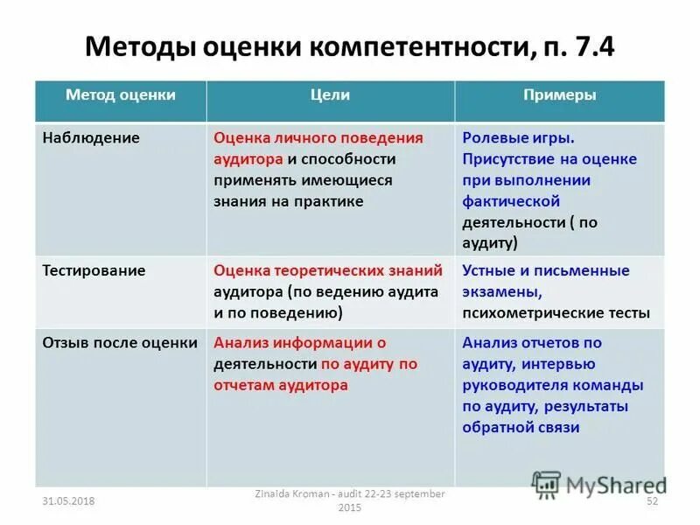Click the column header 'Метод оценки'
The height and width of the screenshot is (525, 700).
121,95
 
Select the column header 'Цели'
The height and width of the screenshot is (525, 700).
330,95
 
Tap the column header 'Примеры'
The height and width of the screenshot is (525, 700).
559,95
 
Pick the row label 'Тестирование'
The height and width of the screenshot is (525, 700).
94,271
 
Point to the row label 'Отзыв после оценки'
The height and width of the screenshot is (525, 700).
120,343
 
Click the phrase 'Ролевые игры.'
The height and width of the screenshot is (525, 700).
518,138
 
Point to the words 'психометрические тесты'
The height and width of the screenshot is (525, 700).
556,312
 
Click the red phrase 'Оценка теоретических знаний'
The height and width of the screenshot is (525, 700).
328,271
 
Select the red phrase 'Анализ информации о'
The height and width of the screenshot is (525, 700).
299,343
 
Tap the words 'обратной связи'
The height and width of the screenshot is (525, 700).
521,427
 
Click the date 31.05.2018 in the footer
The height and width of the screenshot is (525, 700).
68,500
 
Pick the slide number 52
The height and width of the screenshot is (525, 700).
651,500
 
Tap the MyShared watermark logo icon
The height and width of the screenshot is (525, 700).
546,484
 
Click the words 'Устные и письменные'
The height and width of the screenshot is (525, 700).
546,271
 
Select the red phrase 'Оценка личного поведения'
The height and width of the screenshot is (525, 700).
318,138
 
